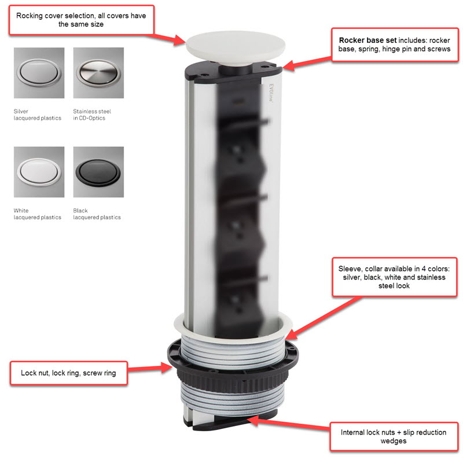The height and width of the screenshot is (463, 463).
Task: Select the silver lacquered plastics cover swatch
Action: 39,73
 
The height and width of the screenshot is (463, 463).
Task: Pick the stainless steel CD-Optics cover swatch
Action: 98,73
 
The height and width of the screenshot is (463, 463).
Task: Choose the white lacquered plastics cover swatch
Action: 39,171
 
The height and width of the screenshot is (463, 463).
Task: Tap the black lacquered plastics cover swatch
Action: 98,171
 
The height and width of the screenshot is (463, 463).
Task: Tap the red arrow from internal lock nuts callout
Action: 289,421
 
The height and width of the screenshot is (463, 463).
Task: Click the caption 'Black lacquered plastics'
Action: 97,214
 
